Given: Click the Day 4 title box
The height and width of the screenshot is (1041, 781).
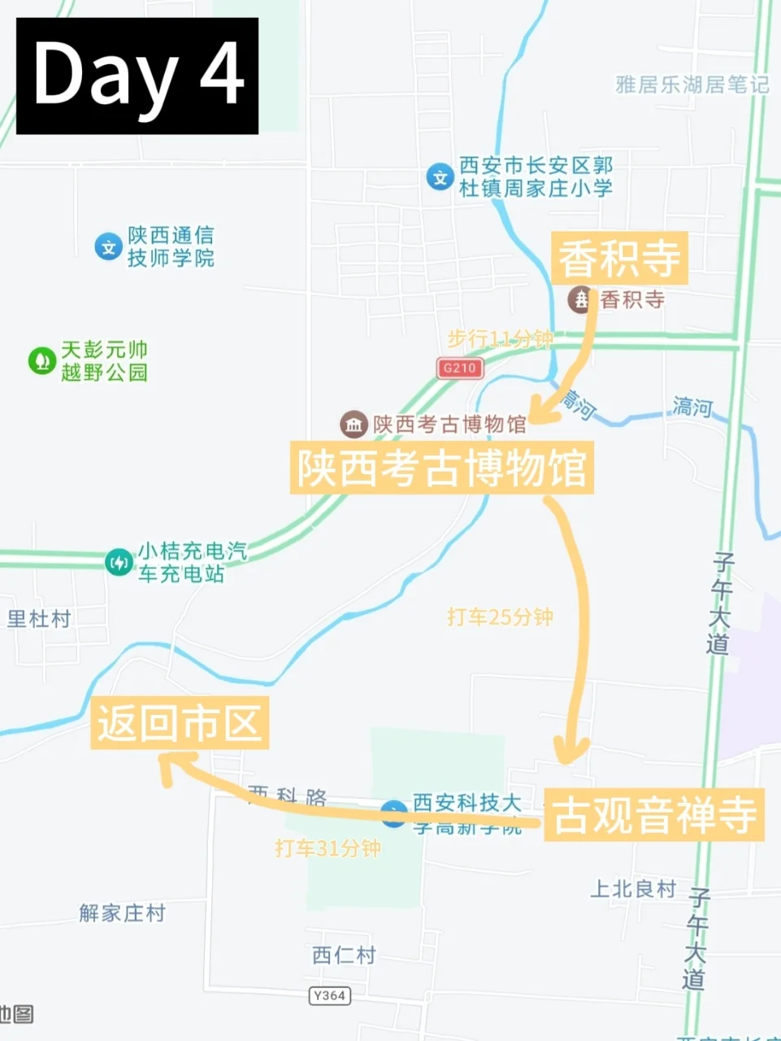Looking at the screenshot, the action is coord(137,76).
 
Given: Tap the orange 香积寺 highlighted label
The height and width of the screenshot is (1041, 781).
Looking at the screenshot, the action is coord(619,259).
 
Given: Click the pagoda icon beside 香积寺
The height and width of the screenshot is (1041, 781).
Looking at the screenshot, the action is coord(581,299).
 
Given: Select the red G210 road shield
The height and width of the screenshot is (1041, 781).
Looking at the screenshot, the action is coord(459,368).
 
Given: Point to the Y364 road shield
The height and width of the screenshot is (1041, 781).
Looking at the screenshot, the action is coord(330,995).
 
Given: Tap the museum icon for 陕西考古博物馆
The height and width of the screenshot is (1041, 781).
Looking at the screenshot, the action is coord(354,424).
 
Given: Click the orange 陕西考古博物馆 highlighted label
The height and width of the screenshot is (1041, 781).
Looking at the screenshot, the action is coord(441,468).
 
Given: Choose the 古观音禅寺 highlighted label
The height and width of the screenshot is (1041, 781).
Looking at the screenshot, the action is coord(654,814).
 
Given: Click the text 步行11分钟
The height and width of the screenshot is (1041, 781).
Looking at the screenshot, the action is coord(500,338).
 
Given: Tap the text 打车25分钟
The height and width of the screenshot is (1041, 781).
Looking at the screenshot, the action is coord(500,616).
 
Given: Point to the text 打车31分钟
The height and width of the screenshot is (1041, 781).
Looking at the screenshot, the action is coord(328,848).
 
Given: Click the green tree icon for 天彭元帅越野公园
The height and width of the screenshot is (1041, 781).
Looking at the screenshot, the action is coord(41,360).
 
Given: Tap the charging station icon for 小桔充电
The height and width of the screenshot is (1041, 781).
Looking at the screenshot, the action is coord(119,562).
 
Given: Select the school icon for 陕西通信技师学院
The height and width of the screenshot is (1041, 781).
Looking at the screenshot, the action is coord(108,246).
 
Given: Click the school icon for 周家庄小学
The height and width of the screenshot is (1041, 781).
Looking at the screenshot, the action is coord(440,176).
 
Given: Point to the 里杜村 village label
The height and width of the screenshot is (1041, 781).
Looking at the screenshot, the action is coord(39,619).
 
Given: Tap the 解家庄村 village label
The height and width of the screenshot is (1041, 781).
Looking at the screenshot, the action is coord(122,913).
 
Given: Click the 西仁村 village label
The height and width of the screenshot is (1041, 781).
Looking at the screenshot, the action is coord(344,955).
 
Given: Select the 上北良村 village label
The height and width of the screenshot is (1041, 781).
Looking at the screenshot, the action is coord(633,889).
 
